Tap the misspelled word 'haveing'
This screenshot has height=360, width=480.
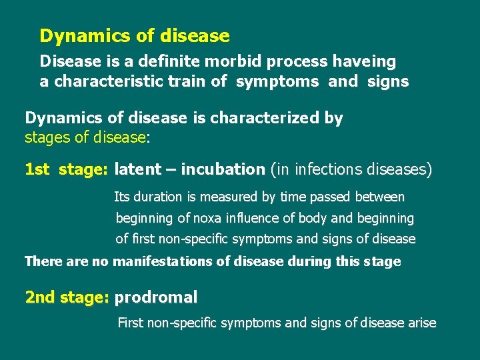click(x=364, y=62)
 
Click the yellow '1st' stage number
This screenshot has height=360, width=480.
click(x=37, y=169)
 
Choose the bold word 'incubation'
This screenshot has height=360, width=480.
click(x=223, y=169)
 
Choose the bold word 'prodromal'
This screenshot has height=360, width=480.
click(x=156, y=297)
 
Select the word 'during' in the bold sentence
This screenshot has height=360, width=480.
click(x=309, y=261)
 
